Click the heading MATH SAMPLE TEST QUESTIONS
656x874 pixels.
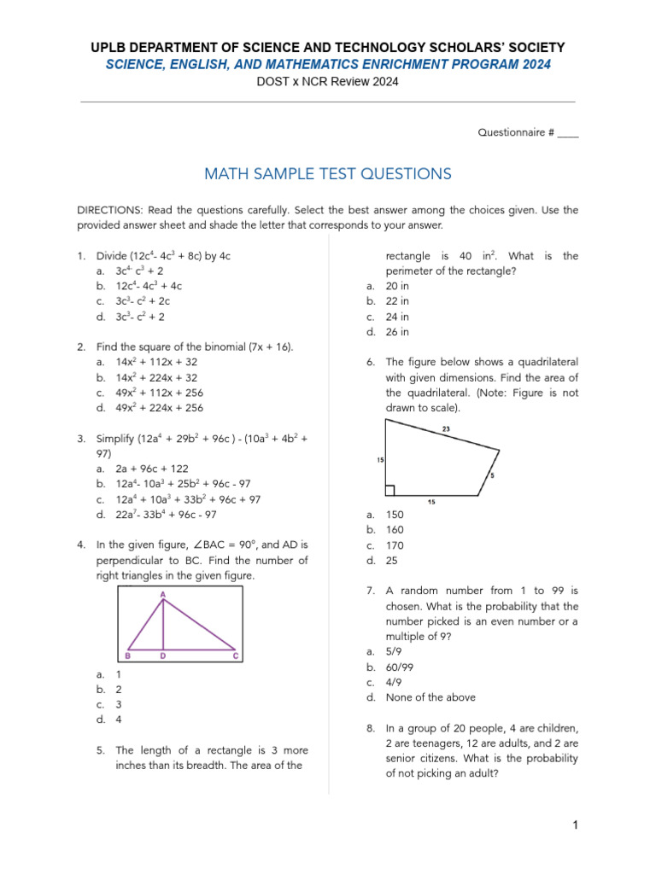click(328, 174)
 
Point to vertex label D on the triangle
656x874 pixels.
click(162, 656)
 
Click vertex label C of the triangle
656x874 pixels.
click(235, 656)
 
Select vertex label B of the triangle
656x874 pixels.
click(127, 656)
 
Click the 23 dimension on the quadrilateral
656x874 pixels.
click(446, 428)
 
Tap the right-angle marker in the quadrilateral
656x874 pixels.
click(389, 490)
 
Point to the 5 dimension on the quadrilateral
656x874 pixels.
click(492, 475)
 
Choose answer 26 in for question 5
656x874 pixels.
click(397, 332)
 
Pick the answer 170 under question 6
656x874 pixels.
click(395, 545)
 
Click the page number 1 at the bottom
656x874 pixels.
click(576, 824)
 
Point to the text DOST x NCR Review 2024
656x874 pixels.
click(328, 82)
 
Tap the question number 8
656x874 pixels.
click(371, 728)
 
